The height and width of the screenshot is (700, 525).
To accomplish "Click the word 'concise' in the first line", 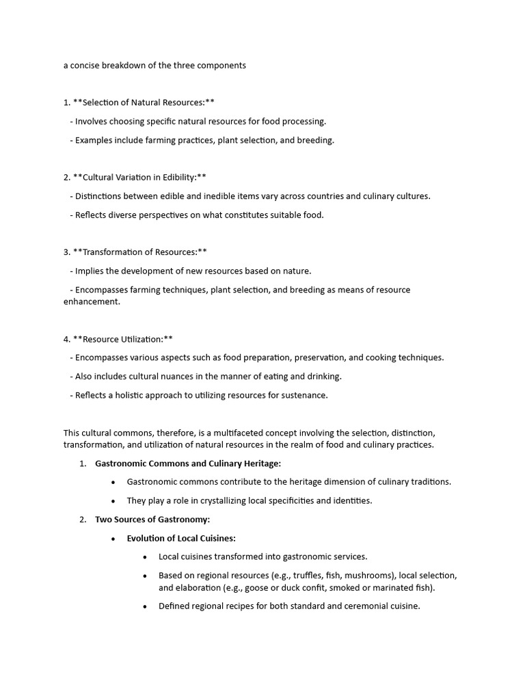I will pos(87,66).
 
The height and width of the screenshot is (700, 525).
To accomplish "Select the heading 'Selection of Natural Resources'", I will pos(144,103).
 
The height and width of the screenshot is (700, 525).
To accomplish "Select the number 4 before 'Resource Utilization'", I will pos(66,339).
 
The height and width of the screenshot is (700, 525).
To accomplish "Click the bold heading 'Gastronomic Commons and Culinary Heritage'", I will pos(188,463).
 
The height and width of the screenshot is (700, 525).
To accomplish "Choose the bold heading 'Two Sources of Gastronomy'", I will pos(152,520).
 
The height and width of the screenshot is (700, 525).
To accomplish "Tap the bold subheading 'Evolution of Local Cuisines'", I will pos(181,538).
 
